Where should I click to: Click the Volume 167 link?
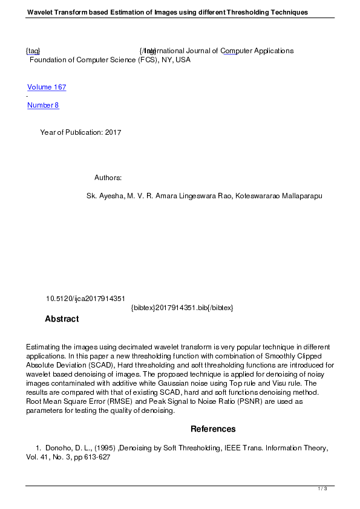tap(47, 87)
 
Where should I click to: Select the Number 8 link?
tap(43, 105)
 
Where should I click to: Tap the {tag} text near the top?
tap(33, 51)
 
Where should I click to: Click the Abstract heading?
tap(62, 319)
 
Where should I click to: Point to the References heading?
tap(213, 429)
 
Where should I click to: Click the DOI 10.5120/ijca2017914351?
tap(85, 299)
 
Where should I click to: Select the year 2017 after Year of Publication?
tap(113, 132)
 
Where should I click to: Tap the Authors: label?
tap(108, 178)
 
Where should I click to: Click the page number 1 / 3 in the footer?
tap(322, 488)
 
